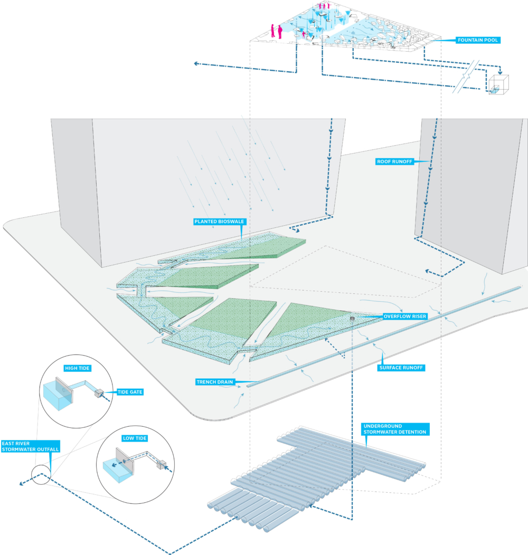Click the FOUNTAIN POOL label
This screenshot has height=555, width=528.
pyautogui.click(x=477, y=40)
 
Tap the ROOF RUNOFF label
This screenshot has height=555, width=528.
pyautogui.click(x=394, y=161)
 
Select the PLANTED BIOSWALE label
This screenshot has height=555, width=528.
pyautogui.click(x=219, y=222)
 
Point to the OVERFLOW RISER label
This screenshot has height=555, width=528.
pyautogui.click(x=404, y=316)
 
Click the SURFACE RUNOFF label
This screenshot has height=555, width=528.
pyautogui.click(x=401, y=367)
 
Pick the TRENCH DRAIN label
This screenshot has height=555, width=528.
pyautogui.click(x=215, y=382)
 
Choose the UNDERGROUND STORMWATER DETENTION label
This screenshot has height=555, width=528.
pyautogui.click(x=395, y=429)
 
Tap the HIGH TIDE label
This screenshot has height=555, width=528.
pyautogui.click(x=77, y=368)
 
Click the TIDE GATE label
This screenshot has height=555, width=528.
pyautogui.click(x=130, y=392)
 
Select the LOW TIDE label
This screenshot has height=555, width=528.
pyautogui.click(x=135, y=438)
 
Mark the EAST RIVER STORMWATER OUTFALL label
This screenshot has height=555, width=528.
pyautogui.click(x=31, y=446)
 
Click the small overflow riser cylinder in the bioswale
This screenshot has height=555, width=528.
pyautogui.click(x=352, y=318)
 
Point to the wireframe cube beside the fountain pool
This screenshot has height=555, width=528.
pyautogui.click(x=498, y=84)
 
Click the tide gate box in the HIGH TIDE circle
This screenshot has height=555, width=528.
pyautogui.click(x=99, y=393)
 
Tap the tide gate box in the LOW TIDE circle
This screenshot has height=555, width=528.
pyautogui.click(x=162, y=464)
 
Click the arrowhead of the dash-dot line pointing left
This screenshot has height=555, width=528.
pyautogui.click(x=196, y=64)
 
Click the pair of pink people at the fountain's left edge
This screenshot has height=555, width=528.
pyautogui.click(x=276, y=31)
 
